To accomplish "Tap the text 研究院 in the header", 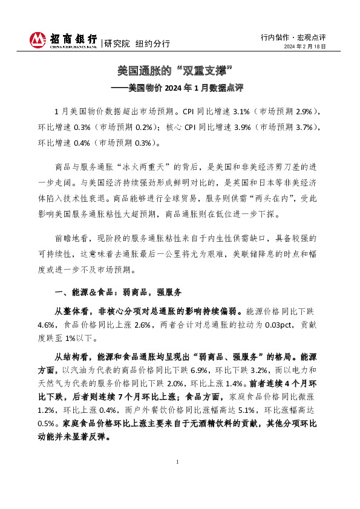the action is tap(116, 44).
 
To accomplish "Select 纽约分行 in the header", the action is tap(152, 44).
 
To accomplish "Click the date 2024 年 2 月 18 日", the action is tap(305, 47).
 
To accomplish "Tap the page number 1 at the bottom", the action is tap(178, 479).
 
